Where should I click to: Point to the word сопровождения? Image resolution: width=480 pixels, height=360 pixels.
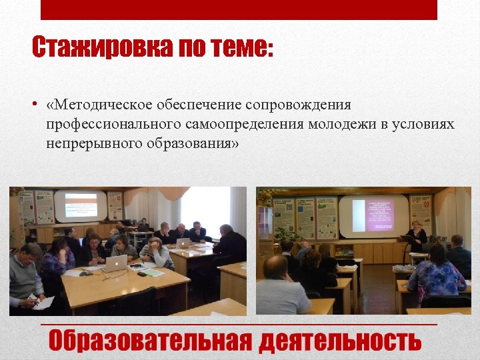point(298,105)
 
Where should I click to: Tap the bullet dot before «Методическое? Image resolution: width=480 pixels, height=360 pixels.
point(34,105)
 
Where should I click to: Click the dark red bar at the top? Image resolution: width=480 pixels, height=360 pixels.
point(239,9)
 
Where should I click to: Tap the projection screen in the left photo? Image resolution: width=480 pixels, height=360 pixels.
point(81,206)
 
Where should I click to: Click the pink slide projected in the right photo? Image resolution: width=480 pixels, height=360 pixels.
point(373,215)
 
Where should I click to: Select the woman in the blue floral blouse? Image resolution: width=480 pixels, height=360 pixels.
point(436,273)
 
